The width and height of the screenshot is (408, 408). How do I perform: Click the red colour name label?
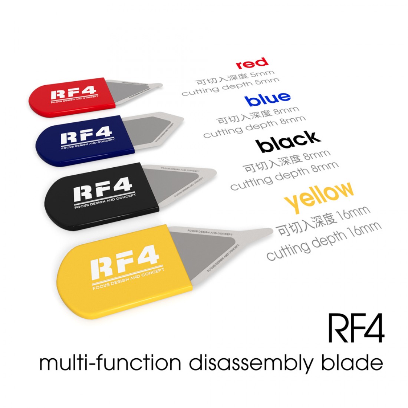click(252, 63)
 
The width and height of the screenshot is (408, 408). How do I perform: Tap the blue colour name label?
click(267, 99)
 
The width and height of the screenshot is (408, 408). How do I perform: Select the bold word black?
click(289, 141)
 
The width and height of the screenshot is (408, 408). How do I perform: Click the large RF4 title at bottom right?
click(355, 329)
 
